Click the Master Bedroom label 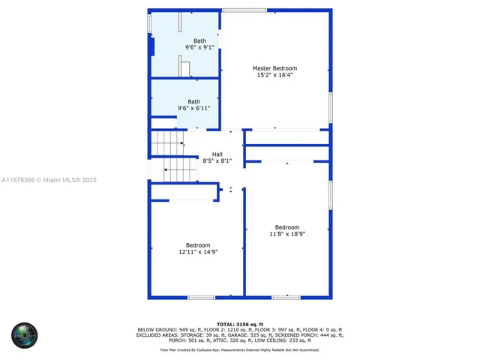point(274,68)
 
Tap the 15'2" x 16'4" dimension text point(274,75)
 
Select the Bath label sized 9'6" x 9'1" point(199,40)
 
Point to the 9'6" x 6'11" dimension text point(193,108)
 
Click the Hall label point(217,154)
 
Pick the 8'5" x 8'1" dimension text point(217,160)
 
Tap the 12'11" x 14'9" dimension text point(197,252)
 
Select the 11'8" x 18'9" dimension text point(286,234)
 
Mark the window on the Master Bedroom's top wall point(244,10)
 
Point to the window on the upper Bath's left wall point(148,23)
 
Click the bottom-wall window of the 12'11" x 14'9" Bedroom point(201,298)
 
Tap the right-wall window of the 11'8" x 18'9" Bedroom point(330,195)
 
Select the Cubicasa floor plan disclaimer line point(238,349)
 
